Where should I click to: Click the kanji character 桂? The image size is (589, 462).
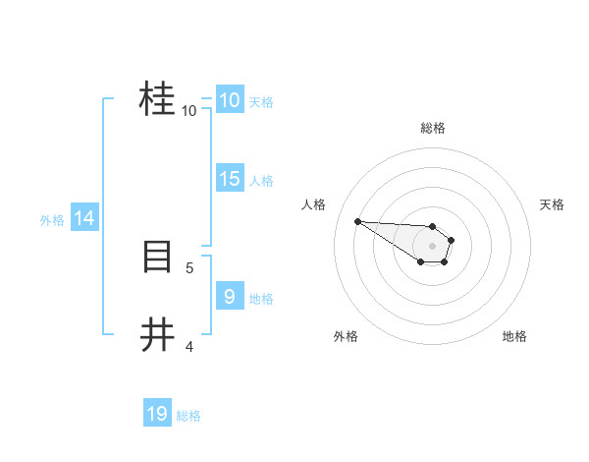[x=157, y=99]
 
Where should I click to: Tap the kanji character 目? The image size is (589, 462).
[x=157, y=258]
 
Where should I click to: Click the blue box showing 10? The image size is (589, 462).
[x=229, y=100]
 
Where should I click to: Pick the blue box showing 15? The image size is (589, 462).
[x=229, y=179]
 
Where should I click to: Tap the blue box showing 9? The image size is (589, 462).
[x=229, y=296]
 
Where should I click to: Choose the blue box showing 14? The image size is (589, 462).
[x=84, y=218]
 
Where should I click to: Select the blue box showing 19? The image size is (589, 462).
[x=157, y=414]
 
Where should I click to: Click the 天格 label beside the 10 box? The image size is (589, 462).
[x=261, y=102]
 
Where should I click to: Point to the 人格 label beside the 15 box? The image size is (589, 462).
[x=261, y=181]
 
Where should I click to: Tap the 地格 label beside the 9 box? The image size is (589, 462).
[x=261, y=299]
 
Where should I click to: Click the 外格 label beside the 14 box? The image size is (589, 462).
[x=52, y=220]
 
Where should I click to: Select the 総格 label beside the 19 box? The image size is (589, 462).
[x=188, y=416]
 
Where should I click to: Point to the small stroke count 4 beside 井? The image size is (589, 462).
[x=189, y=346]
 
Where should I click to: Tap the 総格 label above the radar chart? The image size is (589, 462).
[x=433, y=128]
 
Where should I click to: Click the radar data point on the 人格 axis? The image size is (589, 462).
[x=357, y=221]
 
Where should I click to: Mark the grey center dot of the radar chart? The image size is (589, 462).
[x=433, y=245]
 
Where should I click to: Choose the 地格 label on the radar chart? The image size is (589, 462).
[x=514, y=336]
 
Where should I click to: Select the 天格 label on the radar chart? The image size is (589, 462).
[x=552, y=204]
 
